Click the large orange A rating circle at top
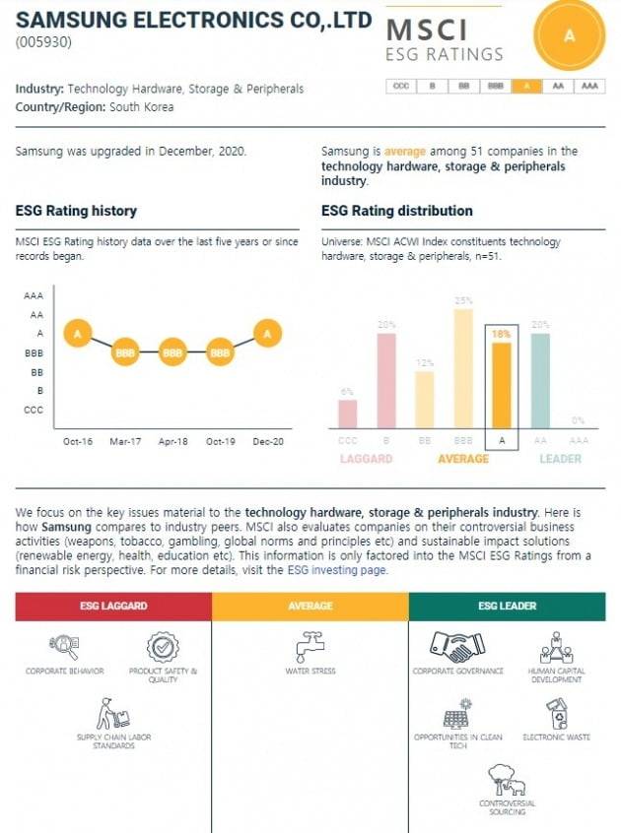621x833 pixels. click(x=569, y=35)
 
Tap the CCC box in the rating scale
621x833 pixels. click(x=401, y=86)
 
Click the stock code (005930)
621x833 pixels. click(x=43, y=42)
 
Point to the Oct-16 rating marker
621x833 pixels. click(x=78, y=334)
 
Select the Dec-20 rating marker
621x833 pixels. click(x=267, y=334)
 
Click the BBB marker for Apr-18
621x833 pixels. click(x=172, y=352)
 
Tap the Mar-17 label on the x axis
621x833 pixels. click(x=125, y=441)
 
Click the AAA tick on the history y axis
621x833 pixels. click(x=34, y=295)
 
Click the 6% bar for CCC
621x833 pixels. click(x=348, y=414)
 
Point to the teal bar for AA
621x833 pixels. click(x=540, y=380)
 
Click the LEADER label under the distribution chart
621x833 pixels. click(x=560, y=459)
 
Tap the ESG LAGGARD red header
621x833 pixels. click(x=113, y=606)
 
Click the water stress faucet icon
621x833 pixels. click(x=310, y=647)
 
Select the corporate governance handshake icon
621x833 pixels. click(x=457, y=647)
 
